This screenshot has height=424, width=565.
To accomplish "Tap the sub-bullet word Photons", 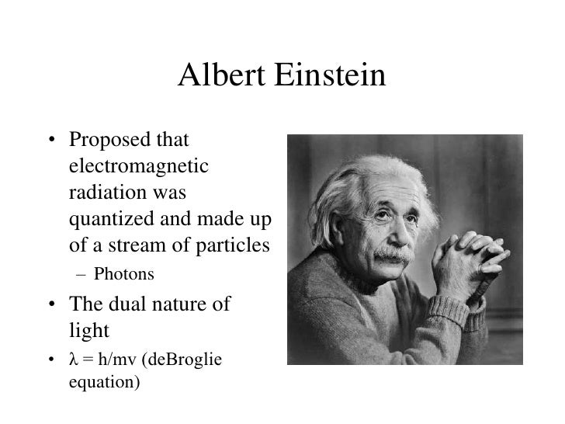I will (123, 274).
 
